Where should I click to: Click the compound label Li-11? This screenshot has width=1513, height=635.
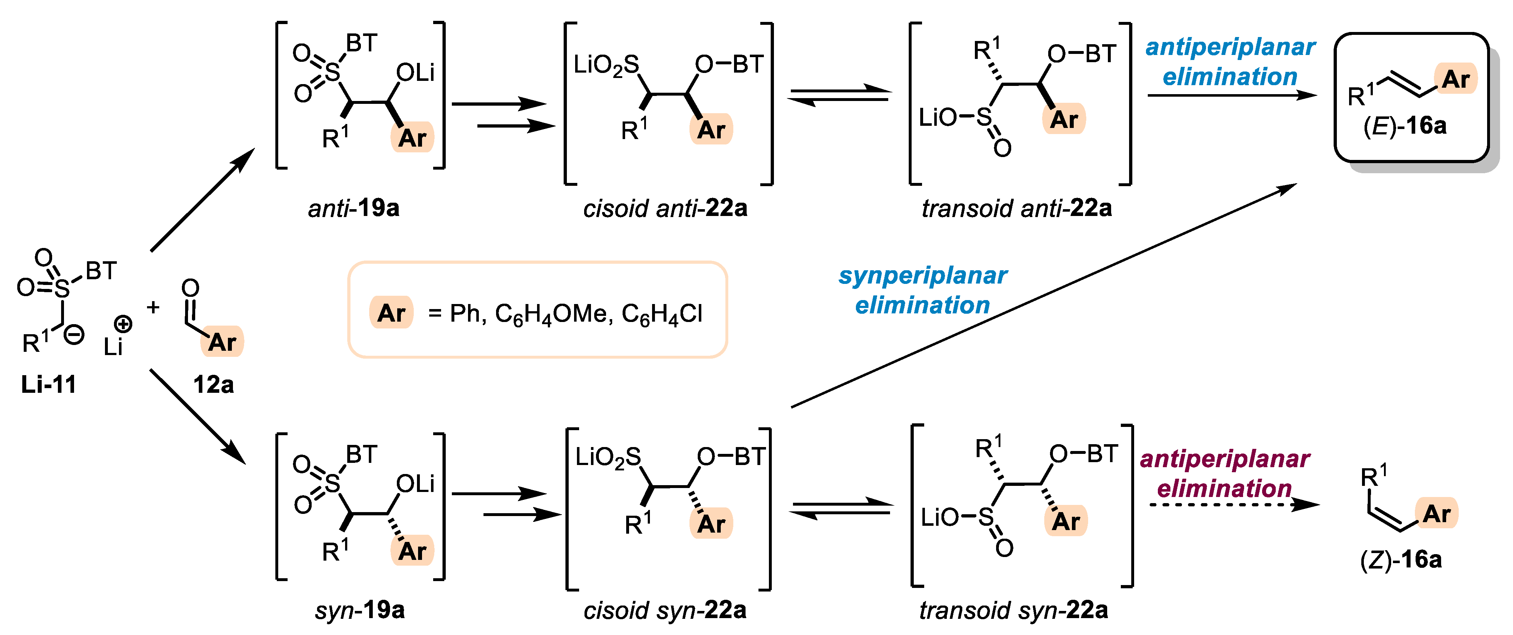click(49, 385)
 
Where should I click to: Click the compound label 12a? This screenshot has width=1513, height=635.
click(213, 385)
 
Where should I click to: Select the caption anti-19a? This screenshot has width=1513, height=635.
click(354, 208)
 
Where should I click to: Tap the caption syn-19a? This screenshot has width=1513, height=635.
click(359, 610)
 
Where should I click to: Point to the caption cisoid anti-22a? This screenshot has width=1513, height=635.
click(665, 208)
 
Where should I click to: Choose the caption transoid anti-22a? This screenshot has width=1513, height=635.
click(1016, 208)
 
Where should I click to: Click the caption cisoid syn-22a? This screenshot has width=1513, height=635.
click(665, 610)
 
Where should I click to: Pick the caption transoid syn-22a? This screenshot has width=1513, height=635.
click(1013, 610)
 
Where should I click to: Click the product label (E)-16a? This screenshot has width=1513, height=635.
click(1404, 126)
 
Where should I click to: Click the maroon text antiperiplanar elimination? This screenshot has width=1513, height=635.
click(1225, 473)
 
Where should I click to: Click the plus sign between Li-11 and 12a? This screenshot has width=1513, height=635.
click(153, 307)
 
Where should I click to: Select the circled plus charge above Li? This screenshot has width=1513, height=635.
click(123, 324)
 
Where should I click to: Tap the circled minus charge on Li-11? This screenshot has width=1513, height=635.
click(74, 335)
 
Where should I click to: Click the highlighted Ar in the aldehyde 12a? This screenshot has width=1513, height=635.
click(222, 342)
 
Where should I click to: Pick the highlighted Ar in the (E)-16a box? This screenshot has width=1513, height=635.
click(1455, 79)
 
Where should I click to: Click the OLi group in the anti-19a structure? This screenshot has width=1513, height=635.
click(415, 73)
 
